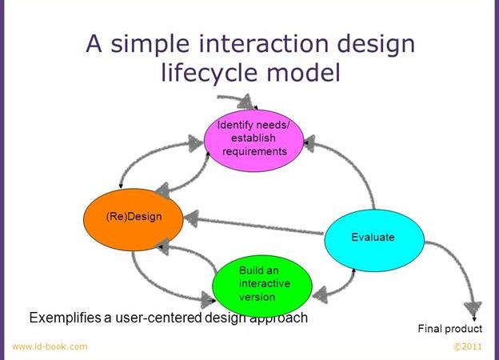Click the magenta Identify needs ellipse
(253, 140)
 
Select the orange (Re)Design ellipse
(134, 219)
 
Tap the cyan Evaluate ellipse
(374, 240)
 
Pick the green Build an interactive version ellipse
(262, 286)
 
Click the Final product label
(450, 329)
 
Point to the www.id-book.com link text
(50, 346)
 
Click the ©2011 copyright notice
(468, 346)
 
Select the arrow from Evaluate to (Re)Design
(253, 225)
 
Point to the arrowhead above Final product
(473, 309)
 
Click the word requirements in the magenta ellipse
(254, 151)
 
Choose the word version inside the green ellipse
(257, 297)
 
